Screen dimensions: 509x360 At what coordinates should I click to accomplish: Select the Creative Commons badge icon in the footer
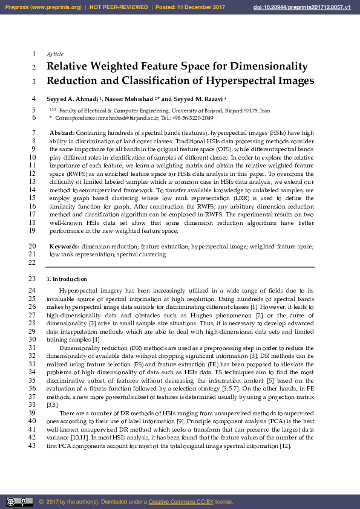(19, 502)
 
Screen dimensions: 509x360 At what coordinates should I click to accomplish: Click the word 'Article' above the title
(55, 54)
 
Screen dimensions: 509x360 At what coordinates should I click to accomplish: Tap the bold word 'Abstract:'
(62, 133)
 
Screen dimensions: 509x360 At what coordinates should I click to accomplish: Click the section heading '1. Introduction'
(67, 279)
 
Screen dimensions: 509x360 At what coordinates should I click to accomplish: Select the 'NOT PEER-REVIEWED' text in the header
(119, 7)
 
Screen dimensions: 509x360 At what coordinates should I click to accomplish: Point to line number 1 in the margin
(34, 54)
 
